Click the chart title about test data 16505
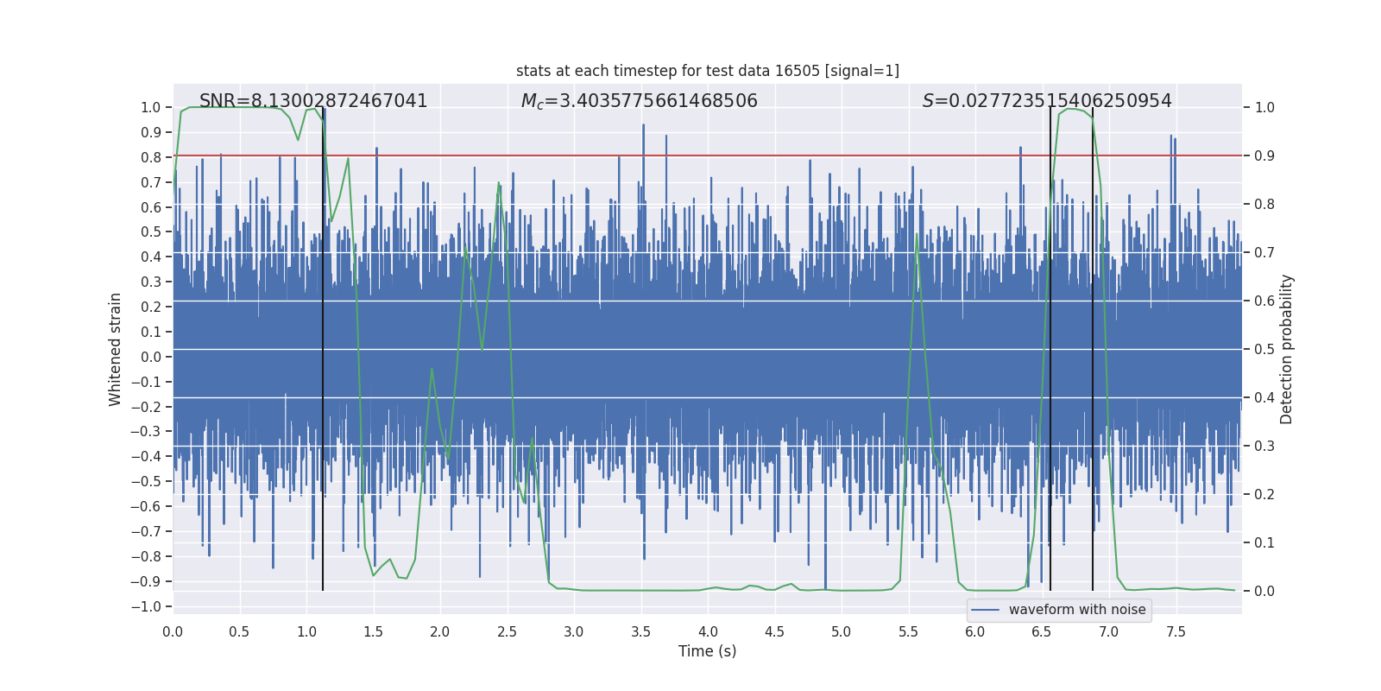coord(707,71)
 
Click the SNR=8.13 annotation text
coord(313,101)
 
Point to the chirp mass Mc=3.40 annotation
coord(639,101)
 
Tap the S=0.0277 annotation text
coord(1046,101)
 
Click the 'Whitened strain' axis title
coord(116,349)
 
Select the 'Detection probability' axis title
coord(1286,349)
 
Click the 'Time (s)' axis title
coord(707,651)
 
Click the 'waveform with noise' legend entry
coord(1076,610)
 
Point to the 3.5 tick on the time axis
coord(640,631)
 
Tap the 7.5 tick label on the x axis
coord(1176,631)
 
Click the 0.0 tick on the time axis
coord(173,631)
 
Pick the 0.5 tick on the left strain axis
coord(151,232)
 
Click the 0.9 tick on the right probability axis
coord(1264,156)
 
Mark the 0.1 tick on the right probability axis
coord(1264,542)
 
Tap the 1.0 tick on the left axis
coord(151,108)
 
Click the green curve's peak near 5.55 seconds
coord(916,234)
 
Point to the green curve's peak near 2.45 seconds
coord(499,183)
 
